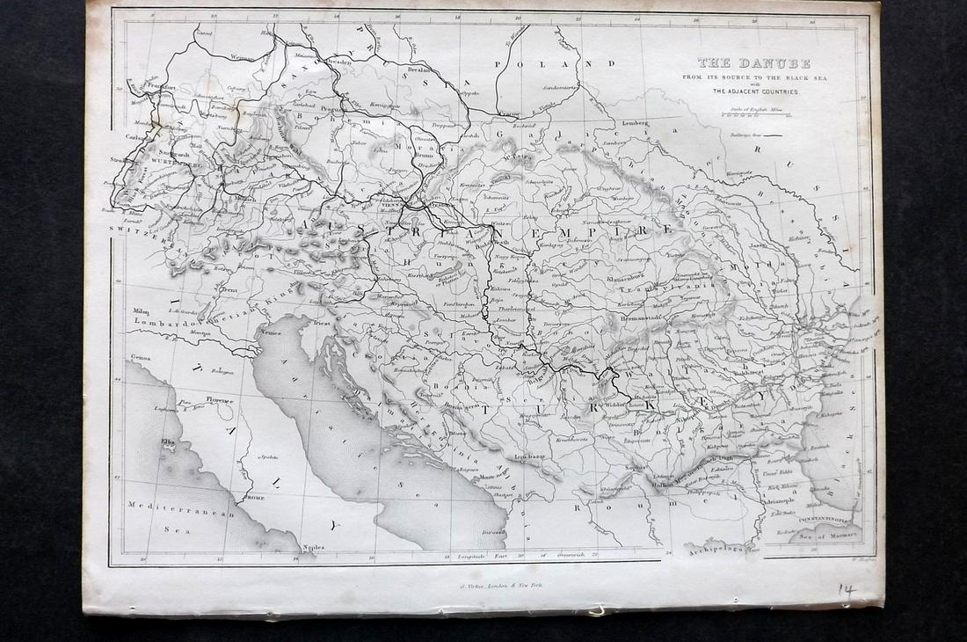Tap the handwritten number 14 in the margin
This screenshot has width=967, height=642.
coord(847,590)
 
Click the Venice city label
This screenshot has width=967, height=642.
coord(269,334)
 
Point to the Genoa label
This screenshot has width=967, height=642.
coord(140,358)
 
